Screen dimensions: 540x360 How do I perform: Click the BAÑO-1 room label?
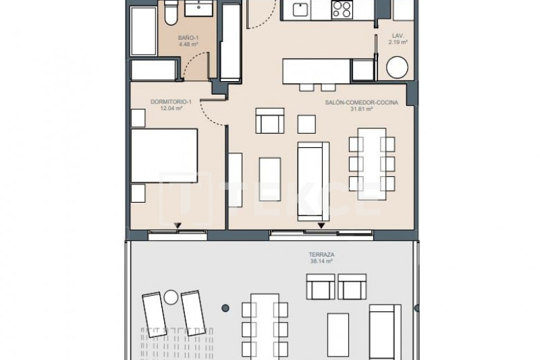(x=188, y=38)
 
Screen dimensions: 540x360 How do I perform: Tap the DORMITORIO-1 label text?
(x=171, y=102)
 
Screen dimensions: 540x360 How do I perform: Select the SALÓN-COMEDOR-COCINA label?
(x=362, y=102)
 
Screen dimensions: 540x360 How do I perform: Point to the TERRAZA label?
(x=321, y=255)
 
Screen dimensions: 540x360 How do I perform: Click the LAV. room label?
(x=398, y=36)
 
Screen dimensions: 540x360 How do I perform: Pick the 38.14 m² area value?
(x=321, y=261)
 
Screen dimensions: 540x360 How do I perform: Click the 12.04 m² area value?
(x=171, y=108)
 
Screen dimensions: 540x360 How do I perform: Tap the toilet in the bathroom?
(x=171, y=13)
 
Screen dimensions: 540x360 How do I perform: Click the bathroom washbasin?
(x=198, y=8)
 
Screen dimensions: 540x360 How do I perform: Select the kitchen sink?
(x=300, y=9)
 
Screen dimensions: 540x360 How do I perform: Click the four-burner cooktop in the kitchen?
(x=342, y=9)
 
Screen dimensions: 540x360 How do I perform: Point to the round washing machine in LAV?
(x=397, y=67)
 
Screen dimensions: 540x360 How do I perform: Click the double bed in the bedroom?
(x=164, y=156)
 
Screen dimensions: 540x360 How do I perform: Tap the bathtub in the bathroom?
(x=144, y=31)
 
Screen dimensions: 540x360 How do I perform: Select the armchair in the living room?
(x=270, y=121)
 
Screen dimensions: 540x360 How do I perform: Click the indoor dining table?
(x=372, y=164)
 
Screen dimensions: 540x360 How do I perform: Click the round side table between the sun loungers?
(x=171, y=297)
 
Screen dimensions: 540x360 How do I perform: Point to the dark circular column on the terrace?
(x=225, y=308)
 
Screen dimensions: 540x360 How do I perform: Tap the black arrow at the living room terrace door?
(x=321, y=226)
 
